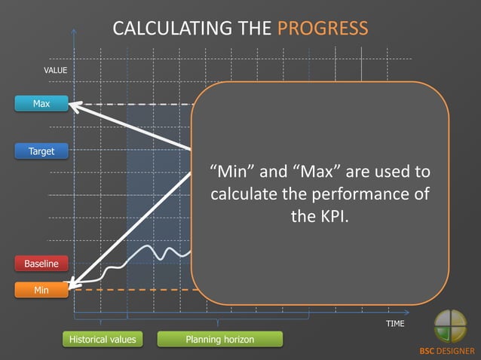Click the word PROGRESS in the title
pyautogui.click(x=323, y=29)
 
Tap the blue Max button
pyautogui.click(x=41, y=104)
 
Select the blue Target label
pyautogui.click(x=41, y=151)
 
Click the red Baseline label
pyautogui.click(x=41, y=264)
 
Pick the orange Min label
pyautogui.click(x=41, y=289)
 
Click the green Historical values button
pyautogui.click(x=103, y=340)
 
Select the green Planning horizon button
pyautogui.click(x=219, y=340)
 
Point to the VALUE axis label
pyautogui.click(x=56, y=70)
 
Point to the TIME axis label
pyautogui.click(x=395, y=323)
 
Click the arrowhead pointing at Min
pyautogui.click(x=72, y=285)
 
